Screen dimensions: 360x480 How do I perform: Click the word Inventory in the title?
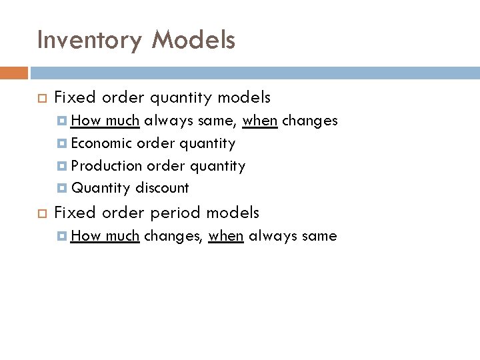pyautogui.click(x=89, y=41)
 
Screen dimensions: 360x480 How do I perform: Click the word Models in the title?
pyautogui.click(x=193, y=41)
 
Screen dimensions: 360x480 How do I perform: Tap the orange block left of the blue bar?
pyautogui.click(x=14, y=72)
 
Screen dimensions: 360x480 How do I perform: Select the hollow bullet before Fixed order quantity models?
pyautogui.click(x=39, y=99)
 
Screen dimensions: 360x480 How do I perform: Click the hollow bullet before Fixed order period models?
pyautogui.click(x=39, y=213)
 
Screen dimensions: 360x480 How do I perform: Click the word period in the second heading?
pyautogui.click(x=173, y=213)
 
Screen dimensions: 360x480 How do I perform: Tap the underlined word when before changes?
pyautogui.click(x=260, y=121)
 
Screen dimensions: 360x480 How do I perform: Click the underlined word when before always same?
pyautogui.click(x=225, y=235)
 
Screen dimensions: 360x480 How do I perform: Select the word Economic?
pyautogui.click(x=101, y=143)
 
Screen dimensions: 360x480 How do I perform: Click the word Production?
pyautogui.click(x=107, y=165)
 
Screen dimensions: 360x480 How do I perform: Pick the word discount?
pyautogui.click(x=162, y=188)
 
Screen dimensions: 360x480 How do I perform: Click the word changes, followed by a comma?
pyautogui.click(x=173, y=235)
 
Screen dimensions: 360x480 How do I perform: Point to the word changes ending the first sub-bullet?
pyautogui.click(x=310, y=121)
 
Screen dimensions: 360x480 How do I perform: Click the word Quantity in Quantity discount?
pyautogui.click(x=101, y=188)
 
